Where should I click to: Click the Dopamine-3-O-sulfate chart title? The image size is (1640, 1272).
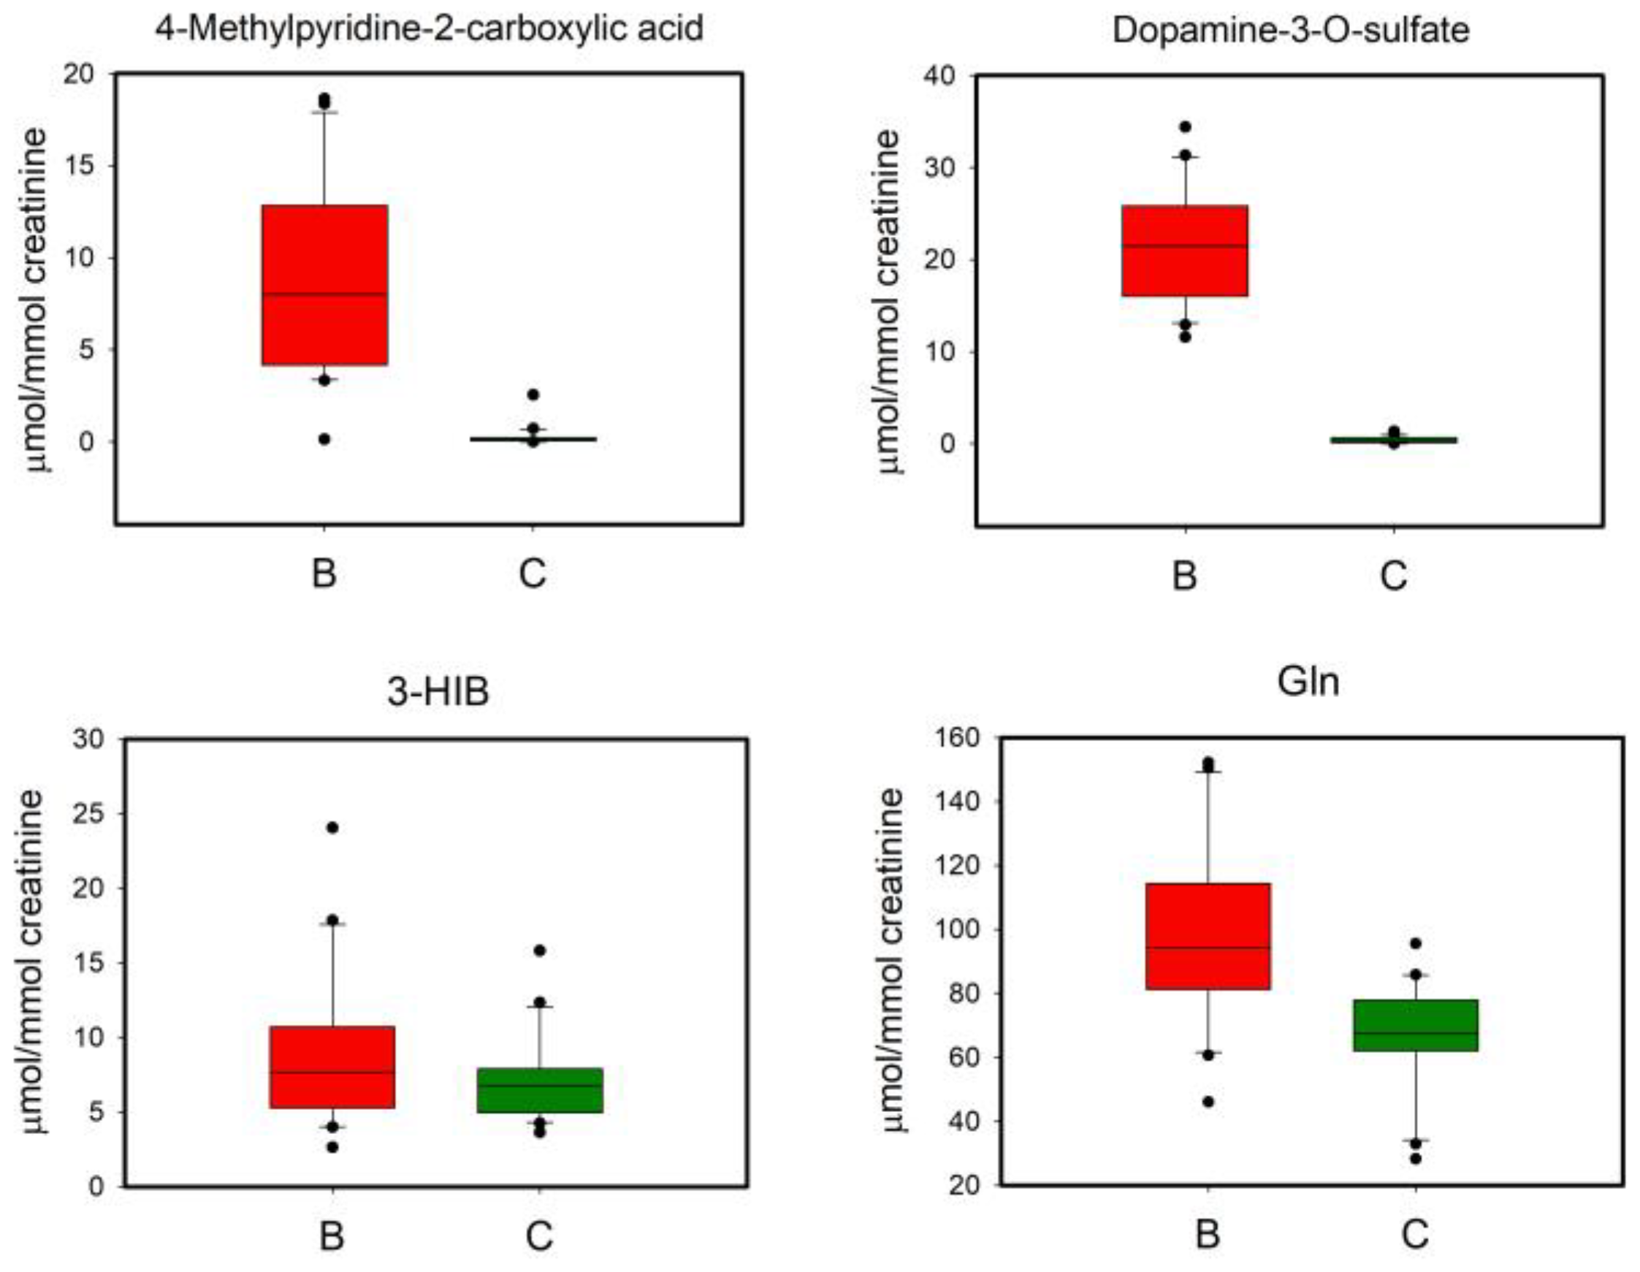coord(1290,31)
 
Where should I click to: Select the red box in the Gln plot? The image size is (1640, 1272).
coord(1208,937)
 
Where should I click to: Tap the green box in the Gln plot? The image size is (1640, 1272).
coord(1416,1025)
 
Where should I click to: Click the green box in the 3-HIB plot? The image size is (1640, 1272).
coord(540,1089)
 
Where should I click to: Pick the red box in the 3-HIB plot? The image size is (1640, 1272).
coord(332,1067)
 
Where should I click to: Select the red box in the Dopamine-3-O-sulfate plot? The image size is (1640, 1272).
coord(1184,251)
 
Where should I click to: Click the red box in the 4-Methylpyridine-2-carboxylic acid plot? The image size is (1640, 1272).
coord(324,285)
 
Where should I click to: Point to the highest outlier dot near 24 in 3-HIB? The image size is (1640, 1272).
coord(332,828)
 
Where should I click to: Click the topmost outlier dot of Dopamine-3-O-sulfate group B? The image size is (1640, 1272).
coord(1185,127)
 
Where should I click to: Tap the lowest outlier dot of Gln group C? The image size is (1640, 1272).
coord(1416,1159)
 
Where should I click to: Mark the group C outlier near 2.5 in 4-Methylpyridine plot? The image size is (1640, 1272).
coord(533,395)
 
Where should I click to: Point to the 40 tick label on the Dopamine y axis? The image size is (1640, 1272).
coord(942,76)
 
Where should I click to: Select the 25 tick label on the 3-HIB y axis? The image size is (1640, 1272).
coord(88,814)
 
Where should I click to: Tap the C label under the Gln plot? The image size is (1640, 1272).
coord(1416,1235)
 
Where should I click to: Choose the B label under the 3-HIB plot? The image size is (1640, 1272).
coord(332,1235)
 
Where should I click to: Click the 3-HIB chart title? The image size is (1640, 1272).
coord(438,692)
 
